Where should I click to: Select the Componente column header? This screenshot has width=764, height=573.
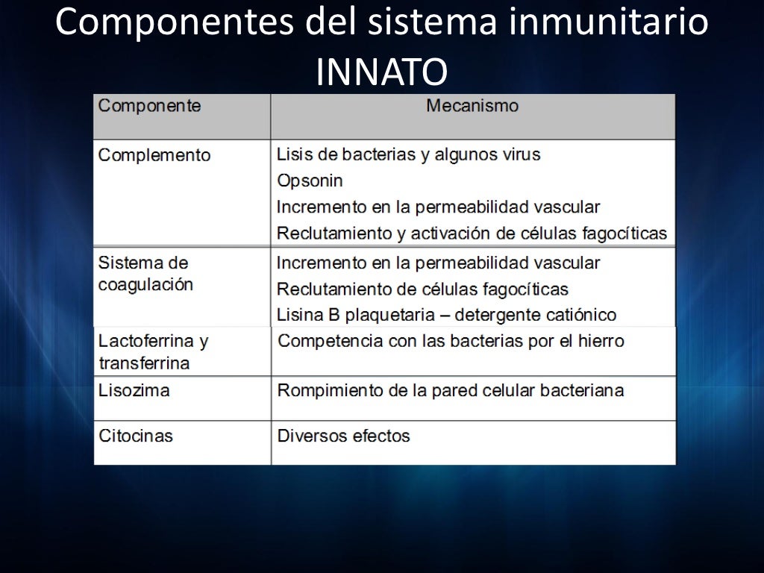click(149, 106)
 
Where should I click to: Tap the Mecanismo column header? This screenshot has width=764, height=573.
click(472, 106)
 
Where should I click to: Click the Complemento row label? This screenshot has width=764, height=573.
click(154, 155)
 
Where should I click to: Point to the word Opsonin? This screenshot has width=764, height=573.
click(310, 181)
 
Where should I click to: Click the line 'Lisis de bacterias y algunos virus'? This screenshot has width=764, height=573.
click(408, 154)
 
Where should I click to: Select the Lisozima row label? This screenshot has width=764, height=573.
click(134, 390)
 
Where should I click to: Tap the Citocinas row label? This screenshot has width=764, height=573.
click(136, 435)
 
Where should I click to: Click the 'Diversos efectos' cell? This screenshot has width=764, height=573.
click(343, 435)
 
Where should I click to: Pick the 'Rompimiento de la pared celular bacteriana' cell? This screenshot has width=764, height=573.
click(451, 390)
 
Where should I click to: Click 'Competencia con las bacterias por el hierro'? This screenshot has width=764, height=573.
click(451, 341)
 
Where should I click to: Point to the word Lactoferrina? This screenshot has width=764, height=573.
click(147, 341)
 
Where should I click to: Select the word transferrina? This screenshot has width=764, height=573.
click(144, 363)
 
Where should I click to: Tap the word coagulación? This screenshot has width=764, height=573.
click(145, 285)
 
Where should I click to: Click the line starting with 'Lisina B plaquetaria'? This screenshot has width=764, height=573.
click(446, 315)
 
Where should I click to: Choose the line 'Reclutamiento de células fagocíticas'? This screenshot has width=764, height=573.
click(422, 289)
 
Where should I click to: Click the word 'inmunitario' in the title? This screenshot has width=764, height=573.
click(609, 22)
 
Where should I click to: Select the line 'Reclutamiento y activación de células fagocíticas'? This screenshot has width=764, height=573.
click(472, 233)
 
